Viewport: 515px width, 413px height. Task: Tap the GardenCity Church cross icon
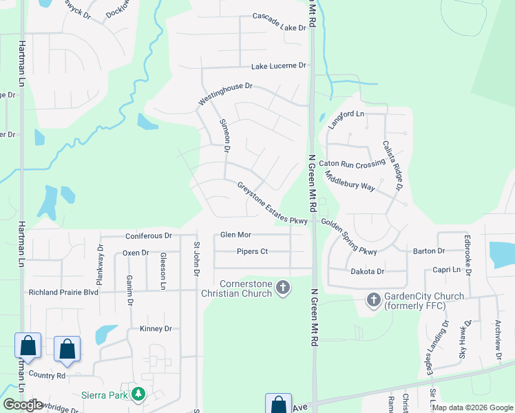click(373, 300)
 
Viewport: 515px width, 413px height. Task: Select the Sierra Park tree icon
click(139, 394)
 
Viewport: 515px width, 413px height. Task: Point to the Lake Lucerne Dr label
click(278, 65)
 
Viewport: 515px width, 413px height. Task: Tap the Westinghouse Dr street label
click(226, 94)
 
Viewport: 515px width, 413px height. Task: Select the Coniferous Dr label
click(149, 235)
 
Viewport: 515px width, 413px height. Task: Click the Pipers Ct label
click(252, 251)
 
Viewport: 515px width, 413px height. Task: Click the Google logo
click(23, 405)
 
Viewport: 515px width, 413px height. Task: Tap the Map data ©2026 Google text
click(473, 407)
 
